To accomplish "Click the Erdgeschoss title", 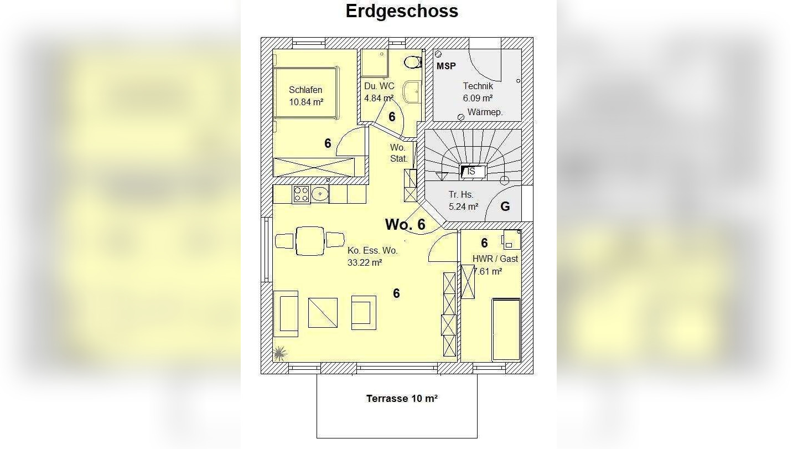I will [402, 11].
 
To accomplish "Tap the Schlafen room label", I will [305, 90].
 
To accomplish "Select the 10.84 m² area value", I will [305, 102].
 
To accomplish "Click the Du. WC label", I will [379, 86].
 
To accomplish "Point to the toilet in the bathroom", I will [412, 61].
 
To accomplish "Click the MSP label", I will [446, 66].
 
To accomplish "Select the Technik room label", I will [478, 86].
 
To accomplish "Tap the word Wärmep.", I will [485, 112].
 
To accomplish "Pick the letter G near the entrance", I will [505, 207].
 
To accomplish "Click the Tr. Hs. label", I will [460, 194].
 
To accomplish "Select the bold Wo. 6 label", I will [405, 224].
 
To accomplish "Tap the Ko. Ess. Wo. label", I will [372, 250].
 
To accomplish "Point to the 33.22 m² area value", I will [365, 263].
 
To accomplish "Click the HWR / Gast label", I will [495, 259].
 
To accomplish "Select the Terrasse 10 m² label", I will [402, 399].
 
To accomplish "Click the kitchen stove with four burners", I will [300, 194].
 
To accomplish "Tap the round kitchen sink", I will [320, 194].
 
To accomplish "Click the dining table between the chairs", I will [310, 241].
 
